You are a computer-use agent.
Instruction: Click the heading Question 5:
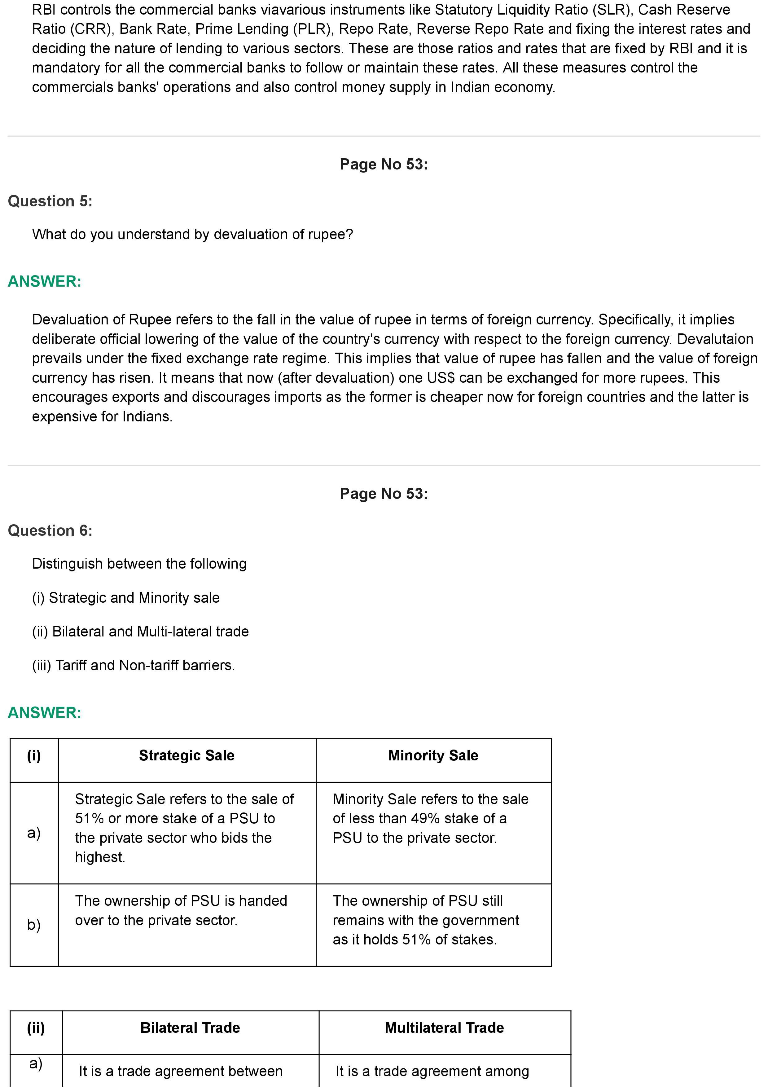click(50, 201)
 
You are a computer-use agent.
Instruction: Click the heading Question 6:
click(50, 531)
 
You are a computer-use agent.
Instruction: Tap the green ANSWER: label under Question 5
click(45, 281)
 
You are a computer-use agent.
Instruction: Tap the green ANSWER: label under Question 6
click(45, 712)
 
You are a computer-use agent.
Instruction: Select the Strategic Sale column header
click(187, 755)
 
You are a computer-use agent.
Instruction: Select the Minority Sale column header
click(433, 755)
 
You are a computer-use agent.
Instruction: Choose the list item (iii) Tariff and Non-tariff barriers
click(134, 665)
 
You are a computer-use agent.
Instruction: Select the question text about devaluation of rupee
click(193, 234)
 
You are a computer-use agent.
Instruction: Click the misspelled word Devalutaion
click(714, 339)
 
